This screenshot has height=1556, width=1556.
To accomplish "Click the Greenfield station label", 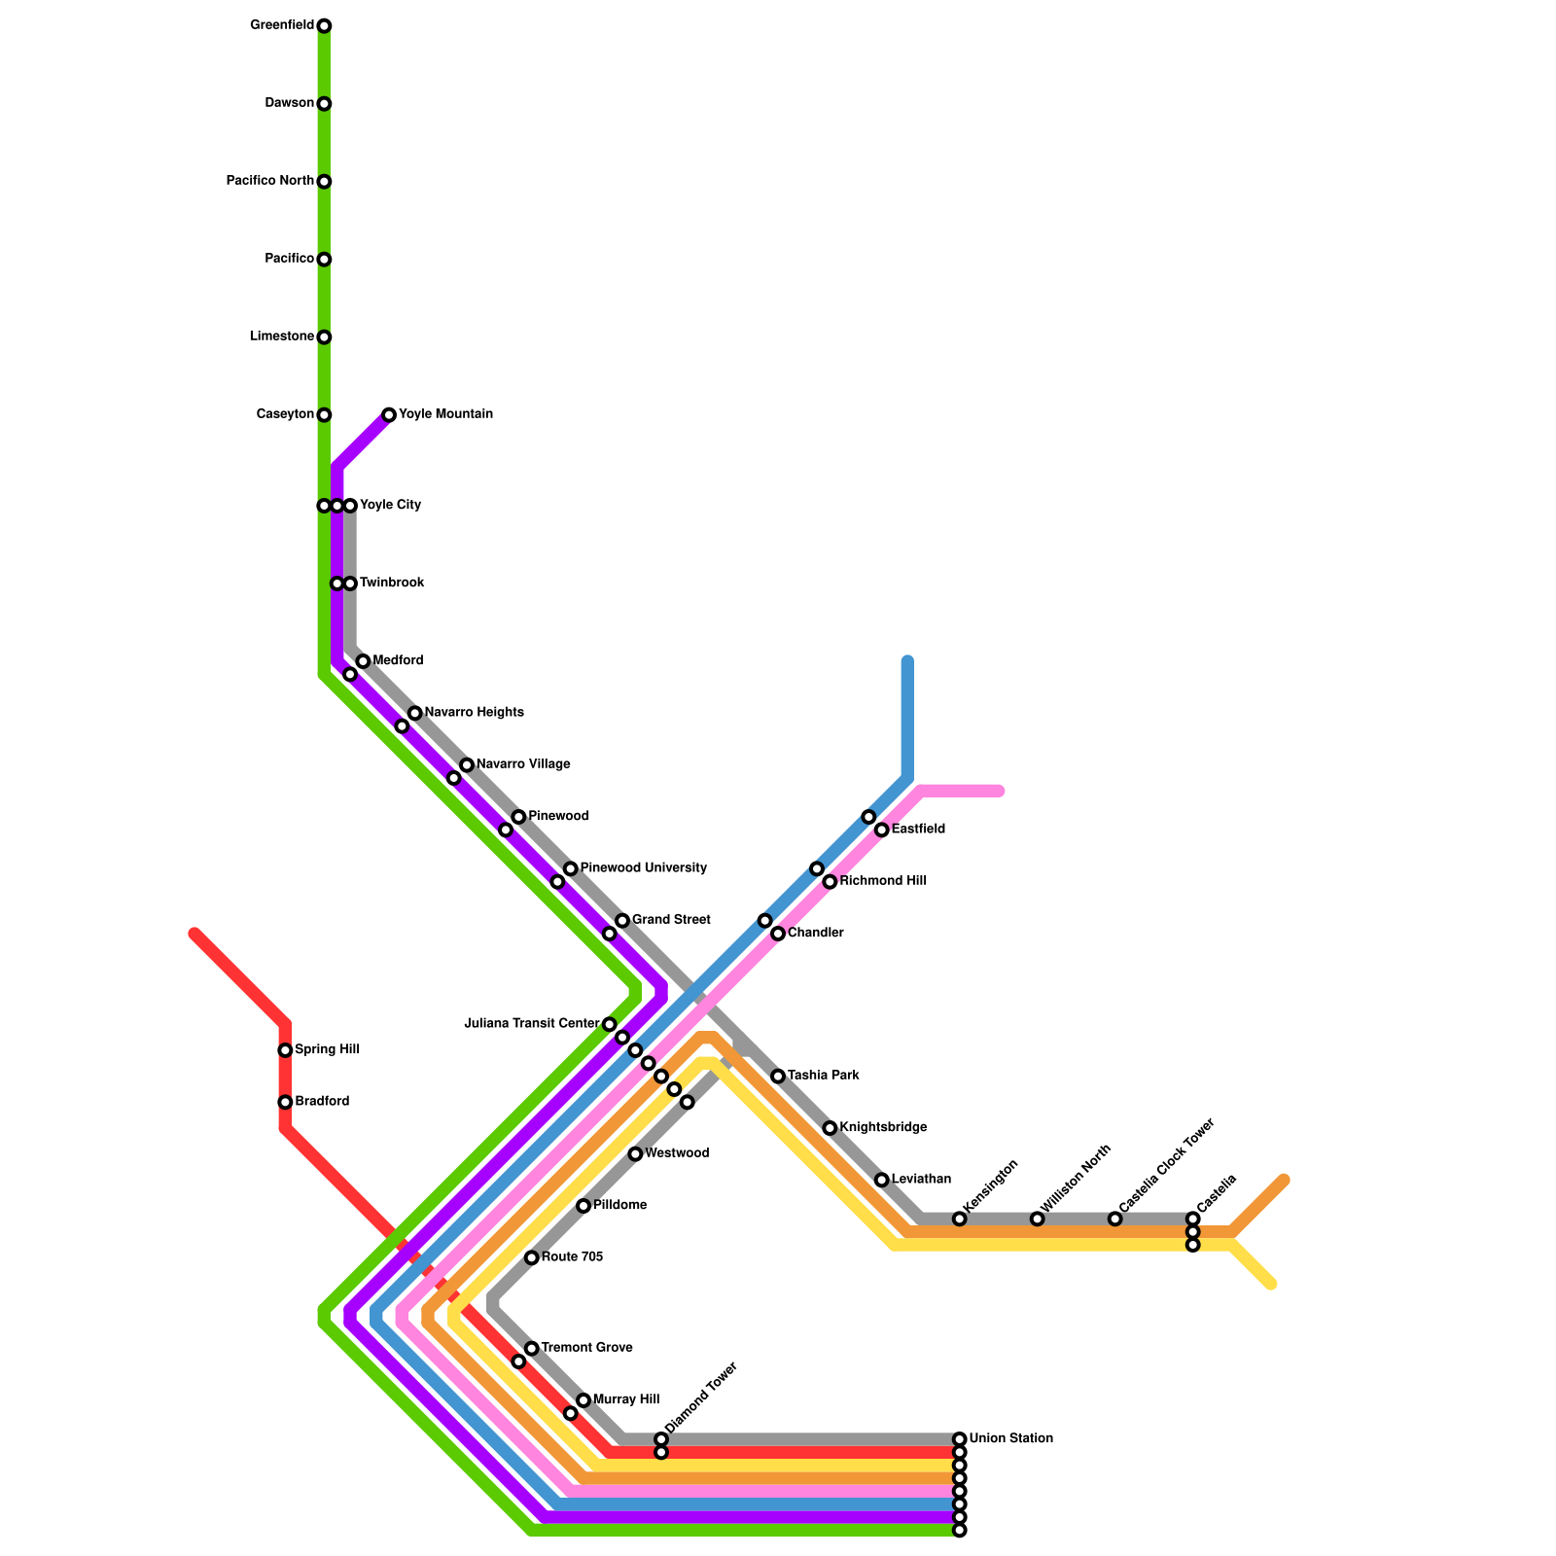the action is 281,25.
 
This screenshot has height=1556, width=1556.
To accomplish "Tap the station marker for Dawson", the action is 324,104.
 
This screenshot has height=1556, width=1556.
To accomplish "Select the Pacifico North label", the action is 269,181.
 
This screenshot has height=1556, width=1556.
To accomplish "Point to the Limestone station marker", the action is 324,337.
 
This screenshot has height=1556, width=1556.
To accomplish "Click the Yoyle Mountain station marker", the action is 389,415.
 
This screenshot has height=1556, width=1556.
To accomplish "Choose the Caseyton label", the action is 285,414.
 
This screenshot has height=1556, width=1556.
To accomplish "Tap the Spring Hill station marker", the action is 285,1050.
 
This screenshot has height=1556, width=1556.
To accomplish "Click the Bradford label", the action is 322,1102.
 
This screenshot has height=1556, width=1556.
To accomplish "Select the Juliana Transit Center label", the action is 531,1023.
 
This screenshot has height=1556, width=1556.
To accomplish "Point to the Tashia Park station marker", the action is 778,1077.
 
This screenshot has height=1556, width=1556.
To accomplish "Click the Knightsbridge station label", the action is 883,1127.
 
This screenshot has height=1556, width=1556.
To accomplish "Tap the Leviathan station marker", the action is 881,1180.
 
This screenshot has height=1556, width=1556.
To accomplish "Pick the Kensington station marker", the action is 960,1219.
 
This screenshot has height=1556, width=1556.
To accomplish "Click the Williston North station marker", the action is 1038,1219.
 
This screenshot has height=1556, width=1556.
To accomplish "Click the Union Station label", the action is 1010,1438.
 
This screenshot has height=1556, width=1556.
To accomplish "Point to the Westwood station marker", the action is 635,1154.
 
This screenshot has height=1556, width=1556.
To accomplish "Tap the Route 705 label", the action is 572,1257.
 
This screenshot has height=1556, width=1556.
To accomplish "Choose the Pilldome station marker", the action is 583,1206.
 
